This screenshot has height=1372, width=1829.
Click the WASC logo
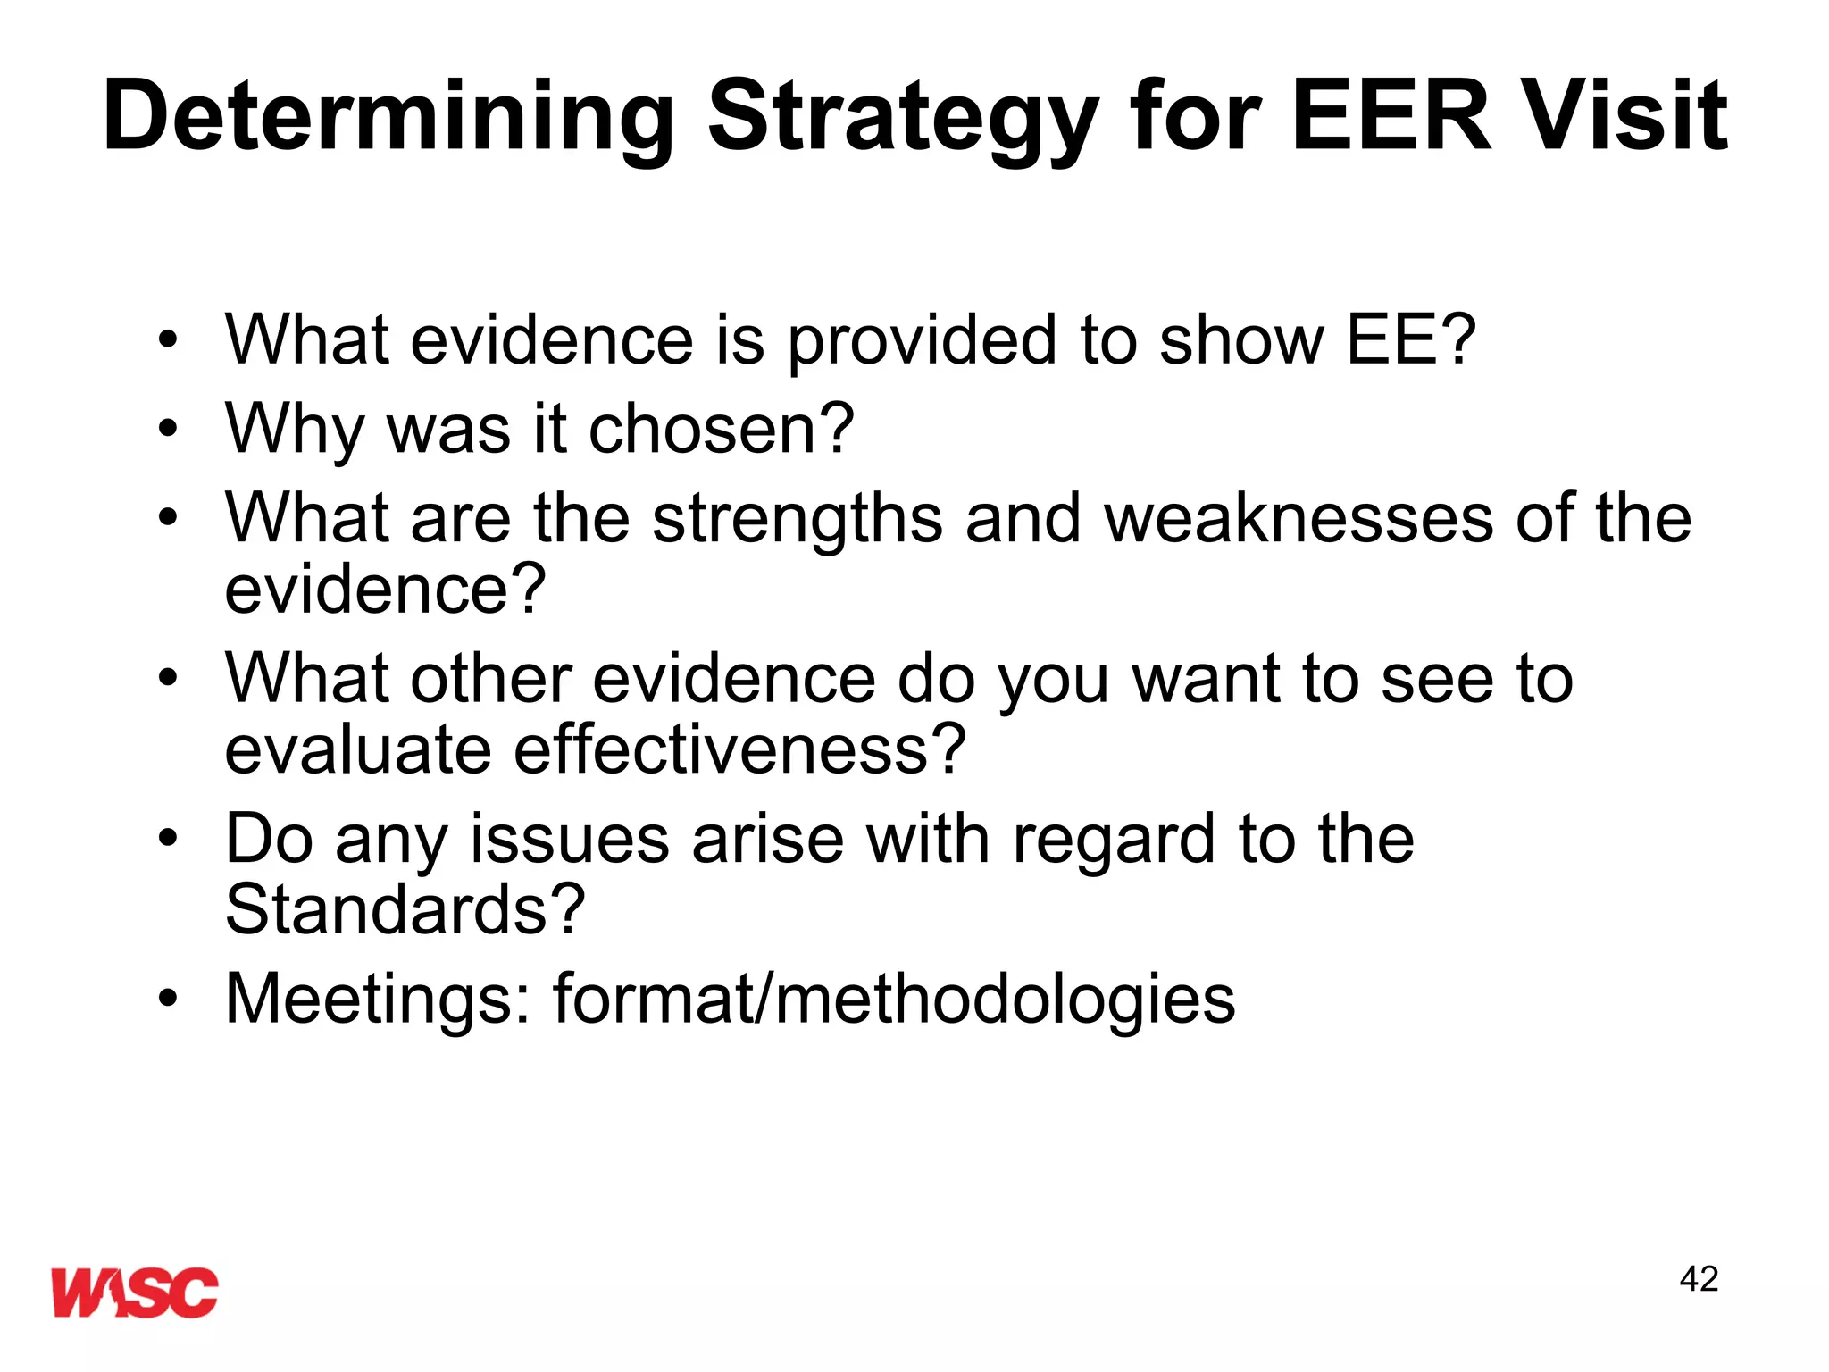[134, 1292]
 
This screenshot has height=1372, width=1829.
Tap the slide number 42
[1699, 1279]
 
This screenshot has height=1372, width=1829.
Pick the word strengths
[798, 520]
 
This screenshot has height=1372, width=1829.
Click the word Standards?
[405, 909]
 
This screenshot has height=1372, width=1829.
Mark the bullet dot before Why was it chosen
[168, 430]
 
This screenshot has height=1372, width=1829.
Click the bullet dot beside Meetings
[168, 998]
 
